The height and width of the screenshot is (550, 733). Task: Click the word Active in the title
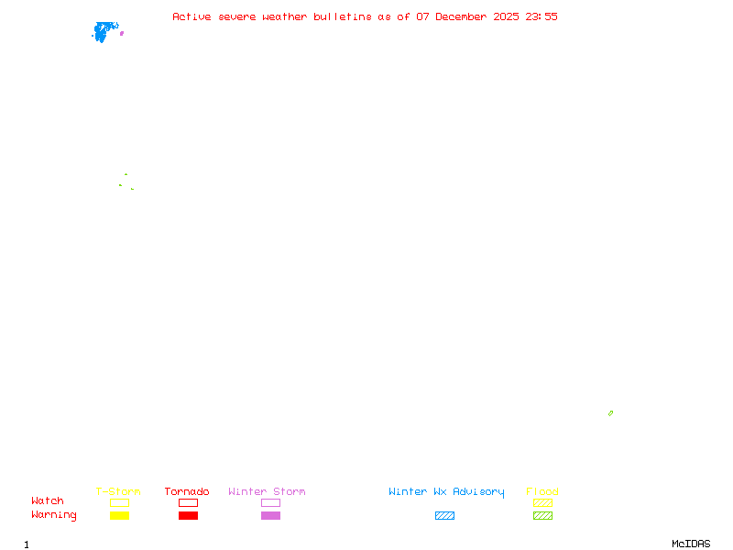[x=192, y=16]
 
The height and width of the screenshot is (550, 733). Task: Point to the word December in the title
[x=465, y=16]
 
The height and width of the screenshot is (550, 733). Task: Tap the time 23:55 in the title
[x=540, y=16]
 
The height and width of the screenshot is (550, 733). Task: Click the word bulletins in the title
[x=343, y=16]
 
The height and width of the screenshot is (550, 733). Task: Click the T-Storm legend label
[x=118, y=492]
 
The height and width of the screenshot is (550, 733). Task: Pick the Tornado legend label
[x=187, y=492]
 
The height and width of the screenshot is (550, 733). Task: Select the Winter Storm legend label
[x=267, y=492]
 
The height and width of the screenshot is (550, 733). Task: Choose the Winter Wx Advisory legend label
[x=446, y=492]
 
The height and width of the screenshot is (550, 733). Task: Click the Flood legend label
[x=542, y=492]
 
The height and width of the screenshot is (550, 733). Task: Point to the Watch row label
[x=48, y=501]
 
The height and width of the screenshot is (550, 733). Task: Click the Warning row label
[x=54, y=515]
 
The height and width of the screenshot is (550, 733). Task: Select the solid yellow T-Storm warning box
[x=119, y=516]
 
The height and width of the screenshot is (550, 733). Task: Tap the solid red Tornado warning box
[x=188, y=516]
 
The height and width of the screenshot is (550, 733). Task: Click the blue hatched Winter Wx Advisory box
[x=444, y=516]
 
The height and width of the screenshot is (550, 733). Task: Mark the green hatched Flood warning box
[x=542, y=516]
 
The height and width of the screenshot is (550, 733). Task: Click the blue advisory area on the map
[x=104, y=32]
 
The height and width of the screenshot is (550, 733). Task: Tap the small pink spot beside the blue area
[x=122, y=33]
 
